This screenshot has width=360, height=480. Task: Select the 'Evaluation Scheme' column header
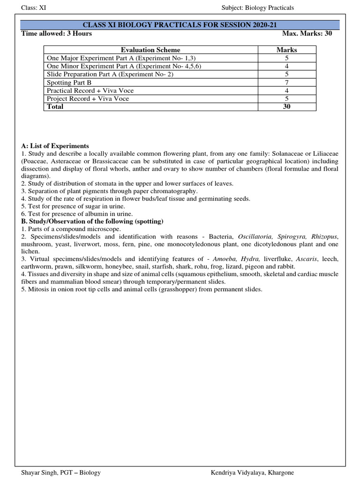(x=150, y=50)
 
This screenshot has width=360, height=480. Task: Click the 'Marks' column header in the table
(x=286, y=50)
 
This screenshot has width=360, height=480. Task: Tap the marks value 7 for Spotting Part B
(x=286, y=82)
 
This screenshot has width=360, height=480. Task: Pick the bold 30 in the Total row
(x=286, y=107)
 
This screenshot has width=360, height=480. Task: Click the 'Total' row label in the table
(x=55, y=107)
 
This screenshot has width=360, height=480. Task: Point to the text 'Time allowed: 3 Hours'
(x=57, y=34)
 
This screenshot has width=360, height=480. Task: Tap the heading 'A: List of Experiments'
(x=55, y=146)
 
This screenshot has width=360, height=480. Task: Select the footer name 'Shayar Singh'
(x=39, y=473)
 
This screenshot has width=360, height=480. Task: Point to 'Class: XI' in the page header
(x=34, y=8)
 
